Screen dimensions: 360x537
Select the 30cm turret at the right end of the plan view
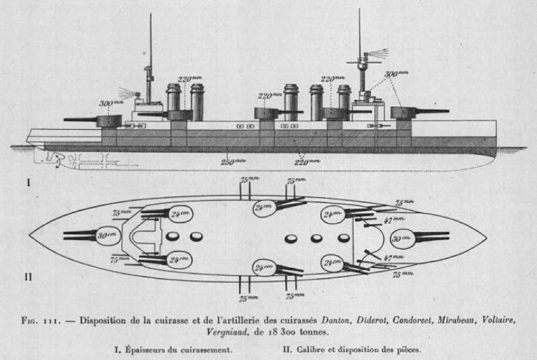click(405, 238)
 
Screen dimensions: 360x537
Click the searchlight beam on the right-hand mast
click(378, 53)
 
